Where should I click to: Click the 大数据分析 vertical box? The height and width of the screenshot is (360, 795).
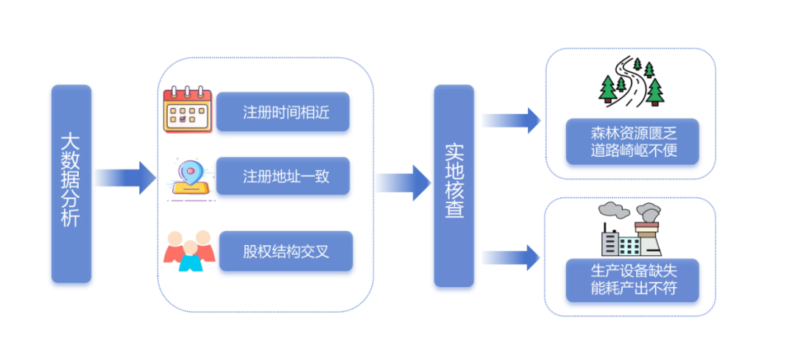click(71, 183)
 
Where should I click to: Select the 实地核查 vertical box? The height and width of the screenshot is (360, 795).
click(453, 186)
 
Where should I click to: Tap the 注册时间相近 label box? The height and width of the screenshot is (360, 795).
click(283, 113)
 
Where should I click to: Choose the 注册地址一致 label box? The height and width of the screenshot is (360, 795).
click(283, 177)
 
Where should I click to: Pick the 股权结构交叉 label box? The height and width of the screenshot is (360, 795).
click(286, 250)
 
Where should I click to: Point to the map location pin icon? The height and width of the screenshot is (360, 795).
click(191, 177)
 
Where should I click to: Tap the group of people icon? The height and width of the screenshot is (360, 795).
click(189, 250)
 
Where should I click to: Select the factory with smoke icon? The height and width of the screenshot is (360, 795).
click(630, 228)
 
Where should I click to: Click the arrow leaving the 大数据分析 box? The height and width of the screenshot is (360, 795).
click(124, 177)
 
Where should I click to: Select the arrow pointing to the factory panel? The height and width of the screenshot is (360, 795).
click(512, 257)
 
